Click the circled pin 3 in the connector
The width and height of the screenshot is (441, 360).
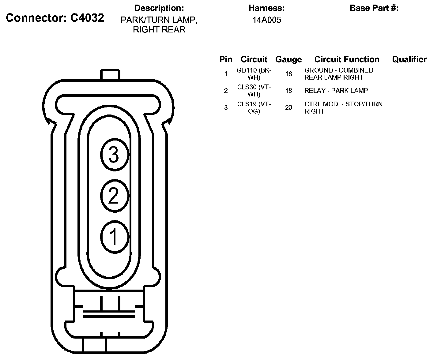pyautogui.click(x=115, y=155)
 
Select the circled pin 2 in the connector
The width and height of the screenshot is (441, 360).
pyautogui.click(x=115, y=196)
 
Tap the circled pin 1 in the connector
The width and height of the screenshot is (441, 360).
pyautogui.click(x=115, y=237)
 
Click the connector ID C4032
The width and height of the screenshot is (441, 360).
pyautogui.click(x=87, y=18)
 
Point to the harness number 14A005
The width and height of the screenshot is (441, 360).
pyautogui.click(x=267, y=20)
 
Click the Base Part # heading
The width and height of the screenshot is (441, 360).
pyautogui.click(x=374, y=8)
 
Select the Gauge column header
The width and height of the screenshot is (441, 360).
pyautogui.click(x=288, y=59)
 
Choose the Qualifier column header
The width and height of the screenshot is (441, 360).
pyautogui.click(x=409, y=59)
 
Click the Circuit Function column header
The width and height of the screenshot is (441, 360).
pyautogui.click(x=347, y=59)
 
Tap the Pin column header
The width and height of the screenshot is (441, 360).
pyautogui.click(x=226, y=59)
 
